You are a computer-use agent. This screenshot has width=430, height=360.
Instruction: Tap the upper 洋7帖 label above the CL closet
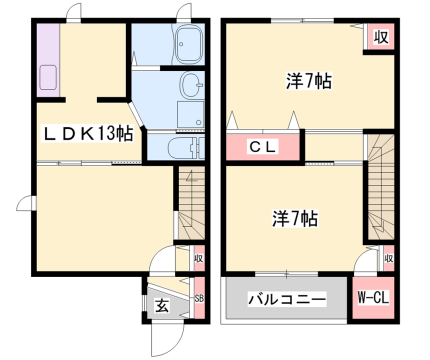[308, 83]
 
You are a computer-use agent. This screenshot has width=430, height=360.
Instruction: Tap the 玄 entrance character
[160, 304]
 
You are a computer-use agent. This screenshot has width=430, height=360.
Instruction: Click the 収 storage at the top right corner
[380, 37]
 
